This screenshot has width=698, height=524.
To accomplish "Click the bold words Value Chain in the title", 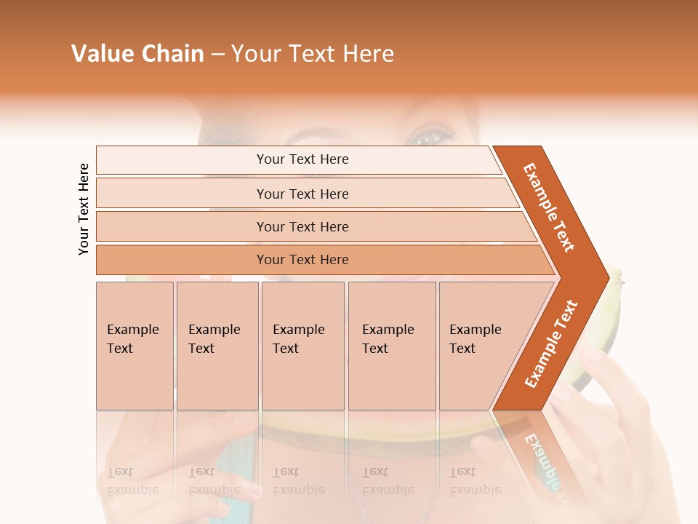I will point(137,54).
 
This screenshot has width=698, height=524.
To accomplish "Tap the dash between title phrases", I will point(217,55).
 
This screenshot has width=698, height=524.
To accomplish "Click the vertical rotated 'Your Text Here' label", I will point(84,209).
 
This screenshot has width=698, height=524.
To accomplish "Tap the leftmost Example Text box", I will point(135,346).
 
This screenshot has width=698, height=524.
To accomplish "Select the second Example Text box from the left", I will point(217,346).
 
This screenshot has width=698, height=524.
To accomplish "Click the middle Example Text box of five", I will point(302,346).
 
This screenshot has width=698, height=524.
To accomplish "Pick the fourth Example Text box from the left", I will point(392,346).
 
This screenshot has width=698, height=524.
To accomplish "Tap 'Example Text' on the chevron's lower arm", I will point(551,344).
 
